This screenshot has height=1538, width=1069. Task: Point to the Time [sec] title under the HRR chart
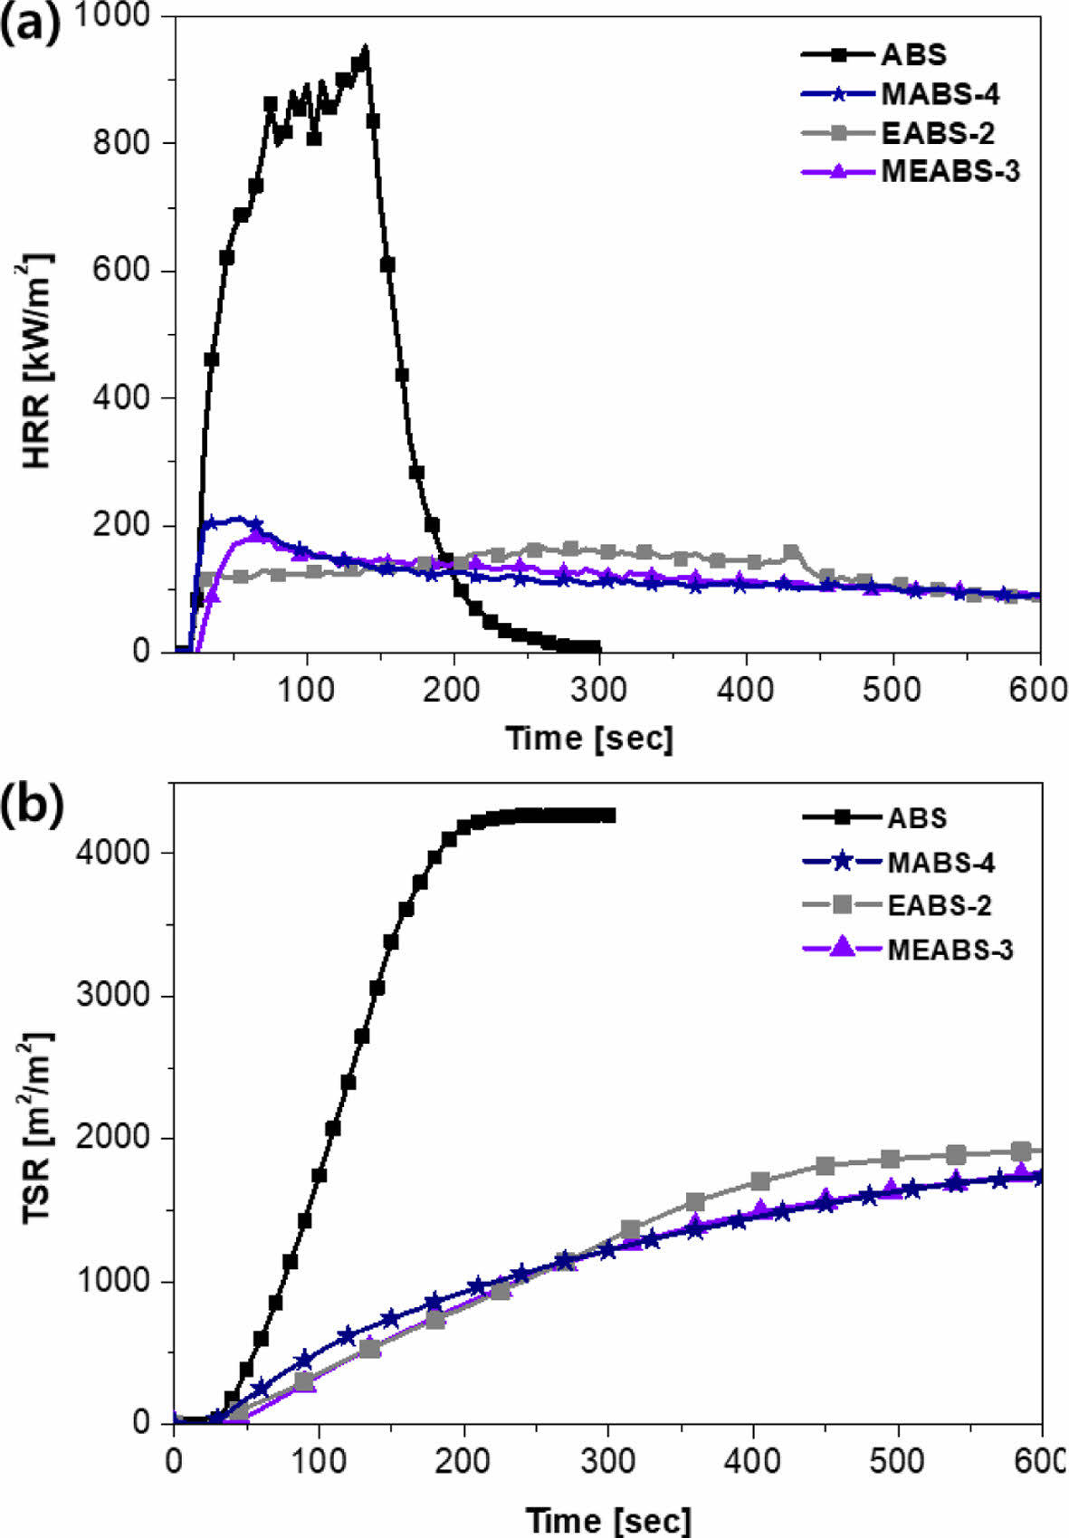[x=589, y=738]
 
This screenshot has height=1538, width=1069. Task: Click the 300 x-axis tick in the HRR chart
[x=599, y=690]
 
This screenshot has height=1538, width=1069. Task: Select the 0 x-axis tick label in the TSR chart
[x=173, y=1462]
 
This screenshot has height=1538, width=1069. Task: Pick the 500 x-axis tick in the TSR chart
[x=898, y=1462]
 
